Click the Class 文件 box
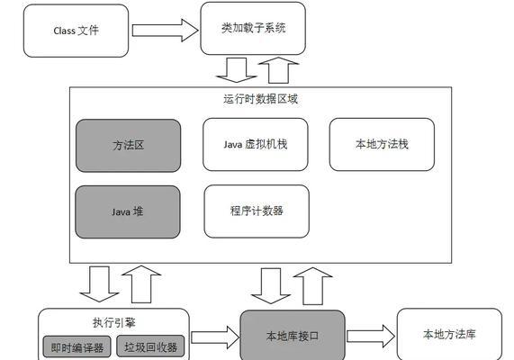coord(76,31)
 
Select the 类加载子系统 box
coord(253,28)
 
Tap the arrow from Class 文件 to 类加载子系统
coord(165,31)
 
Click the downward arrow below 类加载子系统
coord(237,70)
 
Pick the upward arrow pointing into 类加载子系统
coord(279,70)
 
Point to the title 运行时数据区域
coord(261,99)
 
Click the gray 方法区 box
coord(128,146)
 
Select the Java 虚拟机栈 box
coord(256,144)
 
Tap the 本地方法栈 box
coord(382,144)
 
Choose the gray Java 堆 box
coord(128,211)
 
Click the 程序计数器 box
coord(257,211)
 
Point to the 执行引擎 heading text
coord(114,322)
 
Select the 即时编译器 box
coord(77,346)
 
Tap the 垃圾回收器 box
coord(150,346)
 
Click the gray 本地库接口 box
coord(293,336)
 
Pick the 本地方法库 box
coord(449,335)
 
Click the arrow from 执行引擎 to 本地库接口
coord(215,337)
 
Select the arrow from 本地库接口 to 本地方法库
coord(371,337)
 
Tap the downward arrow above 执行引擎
coord(99,283)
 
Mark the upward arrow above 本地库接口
coord(313,286)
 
